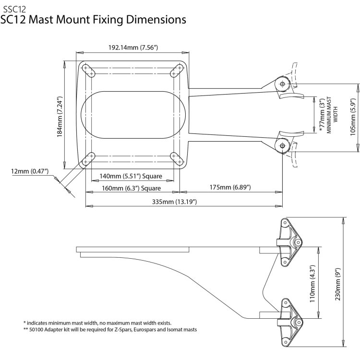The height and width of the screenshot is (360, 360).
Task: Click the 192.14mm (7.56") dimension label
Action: pyautogui.click(x=133, y=48)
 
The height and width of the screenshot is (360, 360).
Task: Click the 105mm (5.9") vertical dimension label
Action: pyautogui.click(x=353, y=117)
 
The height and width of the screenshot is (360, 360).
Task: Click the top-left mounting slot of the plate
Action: pyautogui.click(x=88, y=70)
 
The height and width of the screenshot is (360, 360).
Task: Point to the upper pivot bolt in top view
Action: pyautogui.click(x=281, y=84)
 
